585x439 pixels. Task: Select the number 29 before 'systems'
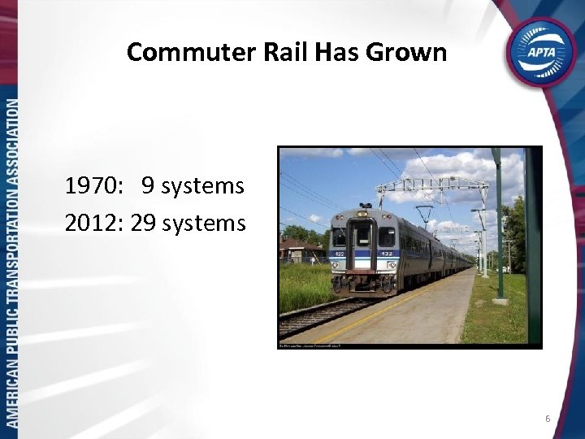click(143, 221)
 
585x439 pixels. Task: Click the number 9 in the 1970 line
click(149, 186)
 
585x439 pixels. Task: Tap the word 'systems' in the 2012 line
click(204, 221)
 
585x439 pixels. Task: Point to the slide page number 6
click(548, 419)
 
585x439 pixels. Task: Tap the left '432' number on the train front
click(340, 253)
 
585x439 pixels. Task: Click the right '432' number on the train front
click(388, 253)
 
